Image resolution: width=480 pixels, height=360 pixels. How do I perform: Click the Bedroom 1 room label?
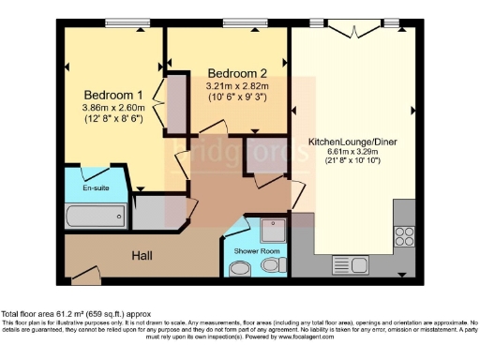pyautogui.click(x=113, y=95)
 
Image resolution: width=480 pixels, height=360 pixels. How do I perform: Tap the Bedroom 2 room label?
pyautogui.click(x=237, y=73)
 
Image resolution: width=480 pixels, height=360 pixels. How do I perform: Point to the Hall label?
pyautogui.click(x=142, y=255)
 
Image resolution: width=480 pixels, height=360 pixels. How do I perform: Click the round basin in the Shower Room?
pyautogui.click(x=272, y=268)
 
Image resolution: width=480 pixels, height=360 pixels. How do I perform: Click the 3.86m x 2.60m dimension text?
pyautogui.click(x=113, y=108)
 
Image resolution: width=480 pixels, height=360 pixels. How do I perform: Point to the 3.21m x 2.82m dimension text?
pyautogui.click(x=237, y=85)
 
